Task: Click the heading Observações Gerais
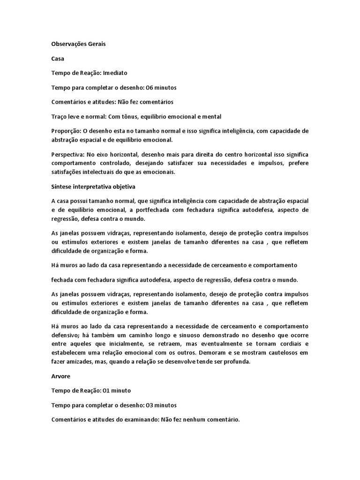click(78, 44)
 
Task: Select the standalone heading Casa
click(57, 59)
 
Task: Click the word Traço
click(60, 116)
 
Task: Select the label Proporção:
click(67, 131)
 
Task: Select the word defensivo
click(67, 335)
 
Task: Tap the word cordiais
click(286, 344)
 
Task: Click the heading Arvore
click(60, 376)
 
